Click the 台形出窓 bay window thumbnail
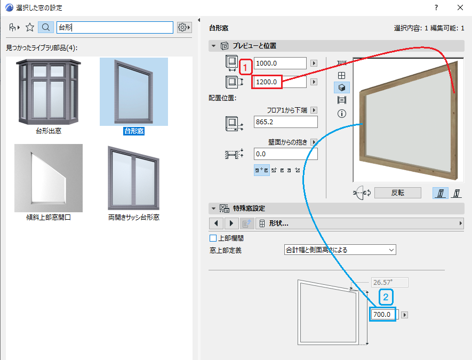click(49, 92)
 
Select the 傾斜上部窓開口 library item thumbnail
click(49, 178)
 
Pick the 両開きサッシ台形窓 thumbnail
click(134, 178)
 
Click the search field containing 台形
click(115, 27)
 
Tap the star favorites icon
click(30, 27)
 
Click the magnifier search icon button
click(46, 27)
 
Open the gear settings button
click(184, 27)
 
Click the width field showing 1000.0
click(280, 63)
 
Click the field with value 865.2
click(286, 122)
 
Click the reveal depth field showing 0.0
click(286, 154)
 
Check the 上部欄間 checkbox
click(213, 238)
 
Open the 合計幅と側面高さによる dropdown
click(340, 250)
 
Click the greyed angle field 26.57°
click(389, 282)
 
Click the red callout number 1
click(246, 67)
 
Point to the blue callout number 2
click(386, 298)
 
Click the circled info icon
click(342, 114)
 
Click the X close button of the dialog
click(460, 7)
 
